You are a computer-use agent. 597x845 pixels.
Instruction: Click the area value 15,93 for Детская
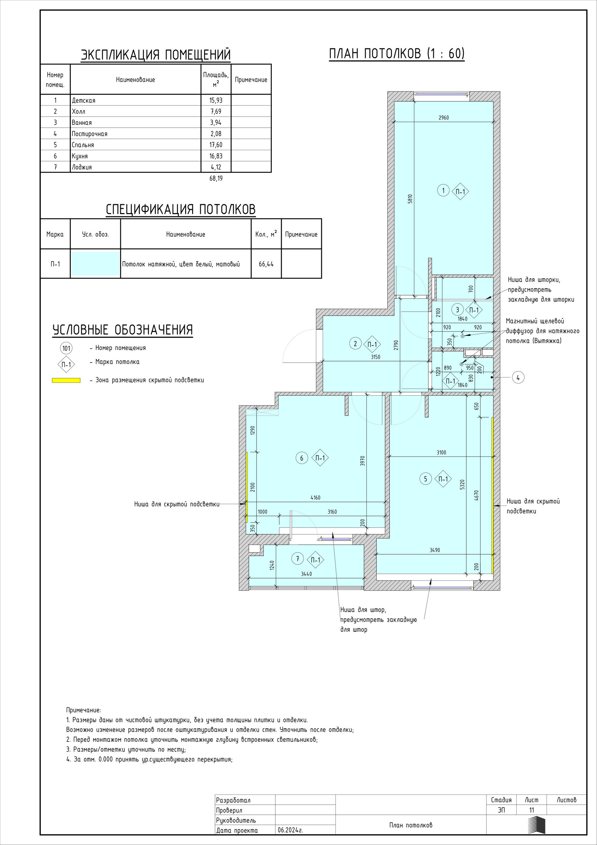216,100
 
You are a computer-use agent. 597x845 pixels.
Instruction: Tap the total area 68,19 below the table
216,179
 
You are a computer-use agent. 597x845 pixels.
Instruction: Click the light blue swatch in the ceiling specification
95,264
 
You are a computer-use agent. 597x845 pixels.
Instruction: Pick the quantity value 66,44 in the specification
266,264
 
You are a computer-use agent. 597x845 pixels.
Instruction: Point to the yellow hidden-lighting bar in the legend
66,381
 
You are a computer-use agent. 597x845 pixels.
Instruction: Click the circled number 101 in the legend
66,349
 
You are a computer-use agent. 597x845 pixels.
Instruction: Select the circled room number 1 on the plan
443,191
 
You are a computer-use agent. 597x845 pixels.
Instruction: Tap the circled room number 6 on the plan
302,458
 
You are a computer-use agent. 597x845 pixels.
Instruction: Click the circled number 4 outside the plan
518,377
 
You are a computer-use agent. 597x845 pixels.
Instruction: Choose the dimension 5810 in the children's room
410,199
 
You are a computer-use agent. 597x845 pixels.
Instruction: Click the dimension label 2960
444,118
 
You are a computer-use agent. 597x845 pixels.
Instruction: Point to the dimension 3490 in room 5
435,550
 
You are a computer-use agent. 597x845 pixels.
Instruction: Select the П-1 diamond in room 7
316,560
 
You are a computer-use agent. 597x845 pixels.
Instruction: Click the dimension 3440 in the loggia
306,574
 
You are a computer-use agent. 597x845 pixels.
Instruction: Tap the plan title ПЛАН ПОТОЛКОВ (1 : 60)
397,54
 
